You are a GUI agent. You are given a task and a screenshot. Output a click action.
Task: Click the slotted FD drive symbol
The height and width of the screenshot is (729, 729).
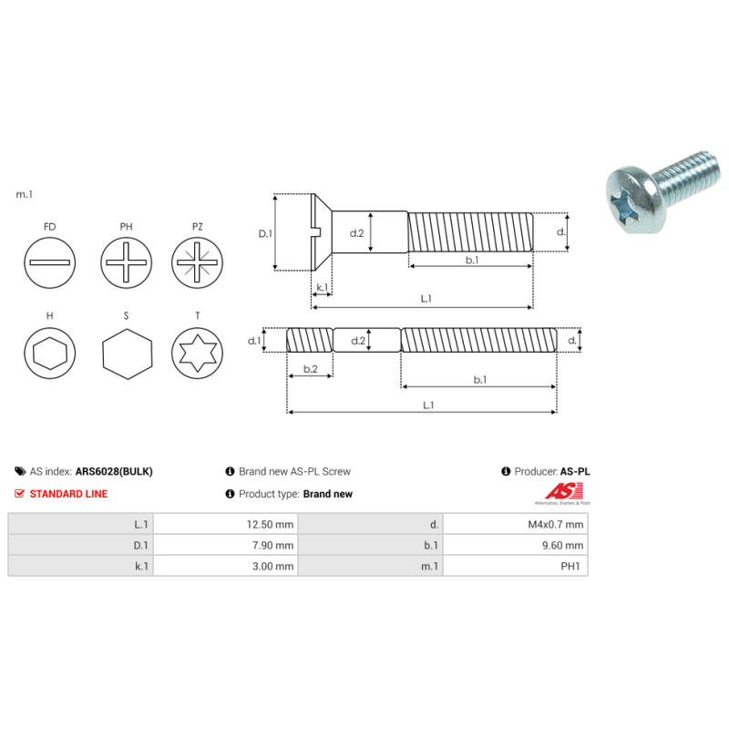(x=49, y=263)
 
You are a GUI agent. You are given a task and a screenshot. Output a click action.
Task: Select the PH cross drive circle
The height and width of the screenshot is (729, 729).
(x=126, y=263)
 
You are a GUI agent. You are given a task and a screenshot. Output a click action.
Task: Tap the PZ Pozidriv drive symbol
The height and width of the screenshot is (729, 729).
(x=198, y=263)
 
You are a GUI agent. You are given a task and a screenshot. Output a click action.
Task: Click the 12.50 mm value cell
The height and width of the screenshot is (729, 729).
(x=226, y=524)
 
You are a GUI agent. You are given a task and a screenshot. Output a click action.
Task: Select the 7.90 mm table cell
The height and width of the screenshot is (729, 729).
(x=226, y=545)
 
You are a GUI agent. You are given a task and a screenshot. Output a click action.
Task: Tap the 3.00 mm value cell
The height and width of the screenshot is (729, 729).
(x=226, y=566)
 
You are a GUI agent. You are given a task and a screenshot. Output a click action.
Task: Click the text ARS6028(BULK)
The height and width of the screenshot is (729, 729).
(x=114, y=472)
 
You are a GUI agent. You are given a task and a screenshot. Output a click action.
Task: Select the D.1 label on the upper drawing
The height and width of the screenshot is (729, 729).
(x=265, y=233)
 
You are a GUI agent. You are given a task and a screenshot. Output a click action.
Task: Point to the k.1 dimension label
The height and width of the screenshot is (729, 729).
(x=322, y=288)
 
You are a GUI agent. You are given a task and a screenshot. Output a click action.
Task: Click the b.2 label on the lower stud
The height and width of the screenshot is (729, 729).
(x=310, y=369)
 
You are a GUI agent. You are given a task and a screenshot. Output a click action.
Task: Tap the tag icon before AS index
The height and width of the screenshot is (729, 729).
(x=20, y=472)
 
